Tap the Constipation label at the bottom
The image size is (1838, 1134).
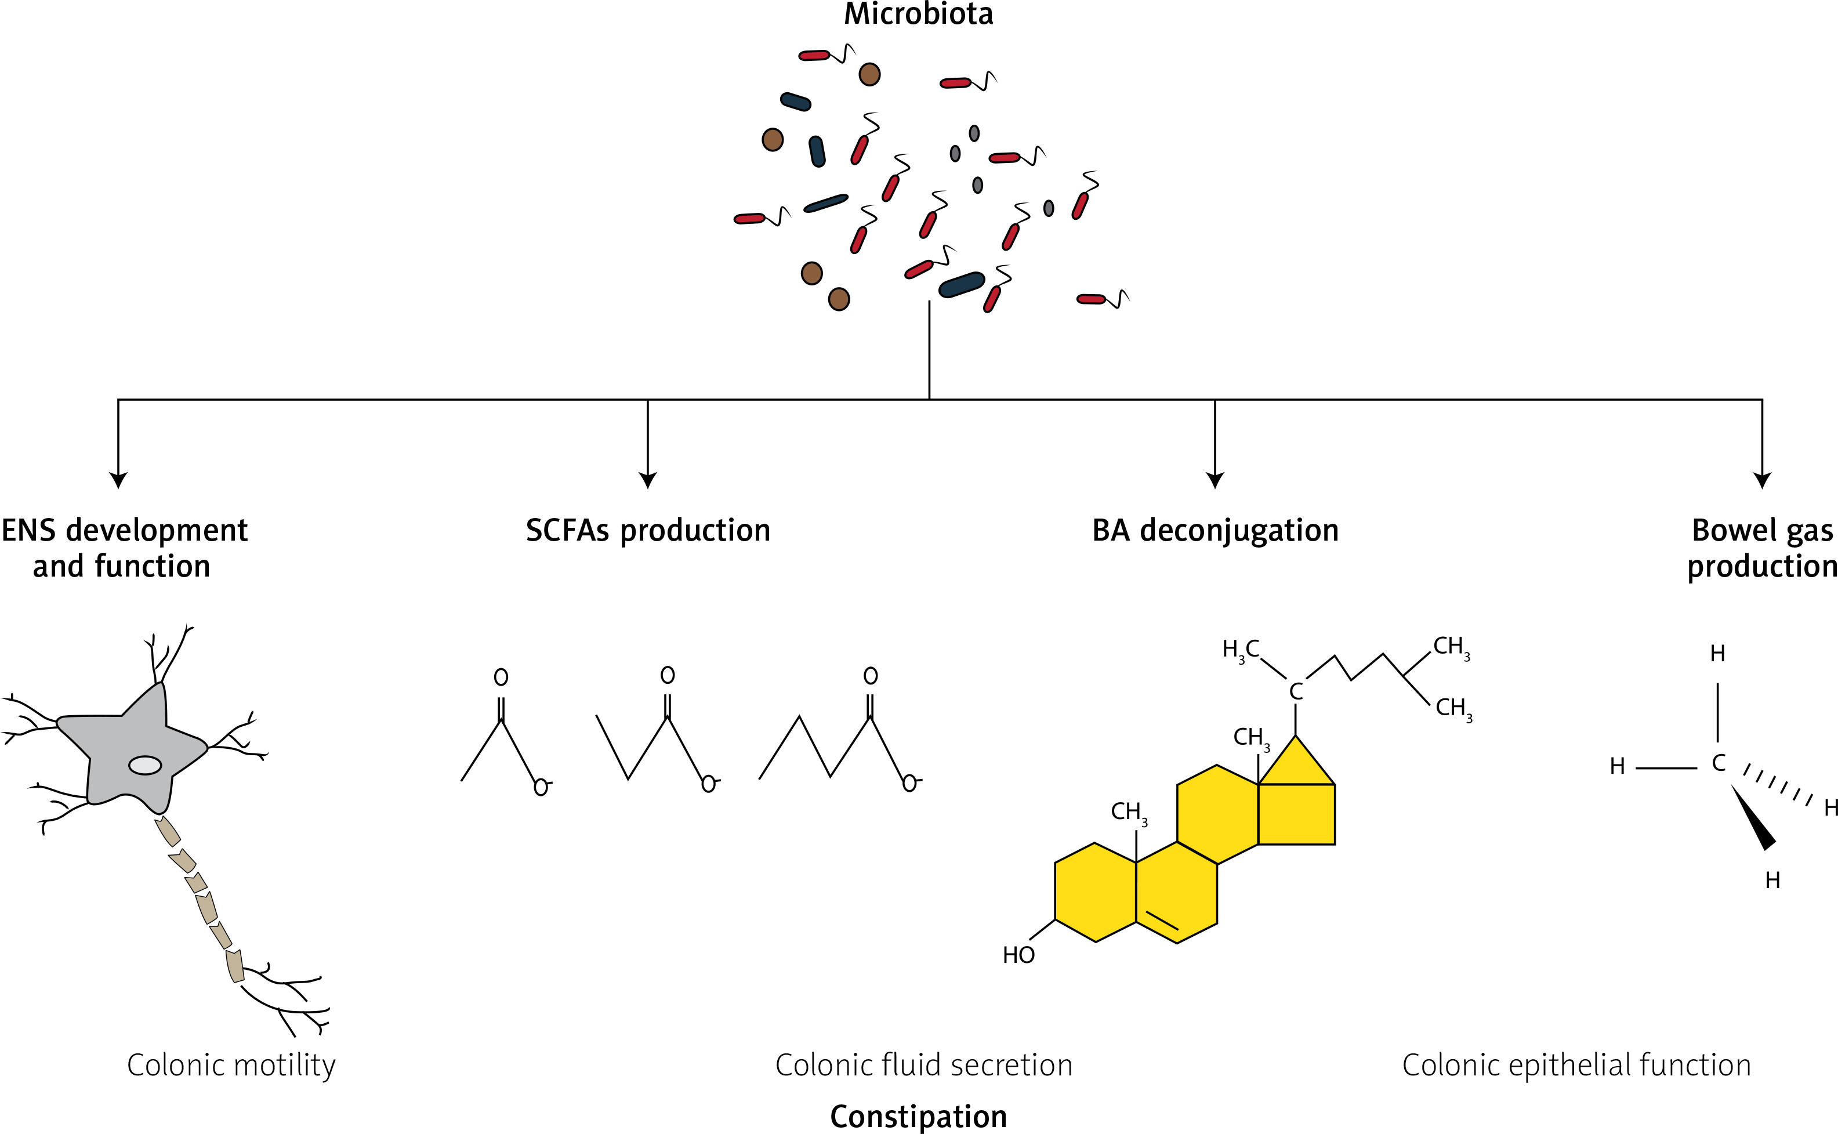tap(918, 1116)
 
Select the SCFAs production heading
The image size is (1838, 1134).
tap(648, 530)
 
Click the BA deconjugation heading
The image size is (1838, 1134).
tap(1215, 530)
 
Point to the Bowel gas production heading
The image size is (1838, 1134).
tap(1761, 548)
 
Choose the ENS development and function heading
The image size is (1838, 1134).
tap(124, 548)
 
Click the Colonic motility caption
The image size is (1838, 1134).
tap(231, 1065)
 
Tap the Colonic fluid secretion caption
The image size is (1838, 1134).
tap(924, 1065)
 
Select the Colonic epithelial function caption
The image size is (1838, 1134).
tap(1576, 1065)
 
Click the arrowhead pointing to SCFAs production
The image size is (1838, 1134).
tap(648, 480)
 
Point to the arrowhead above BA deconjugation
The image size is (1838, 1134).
tap(1215, 480)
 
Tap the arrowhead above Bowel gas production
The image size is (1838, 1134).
tap(1761, 480)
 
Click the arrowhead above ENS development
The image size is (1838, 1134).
tap(118, 480)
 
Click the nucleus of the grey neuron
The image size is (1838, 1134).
tap(145, 765)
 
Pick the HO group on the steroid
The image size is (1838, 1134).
tap(1018, 955)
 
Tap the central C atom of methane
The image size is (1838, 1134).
tap(1719, 763)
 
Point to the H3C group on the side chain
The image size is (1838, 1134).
tap(1241, 650)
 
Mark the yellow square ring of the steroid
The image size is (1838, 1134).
tap(1296, 814)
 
